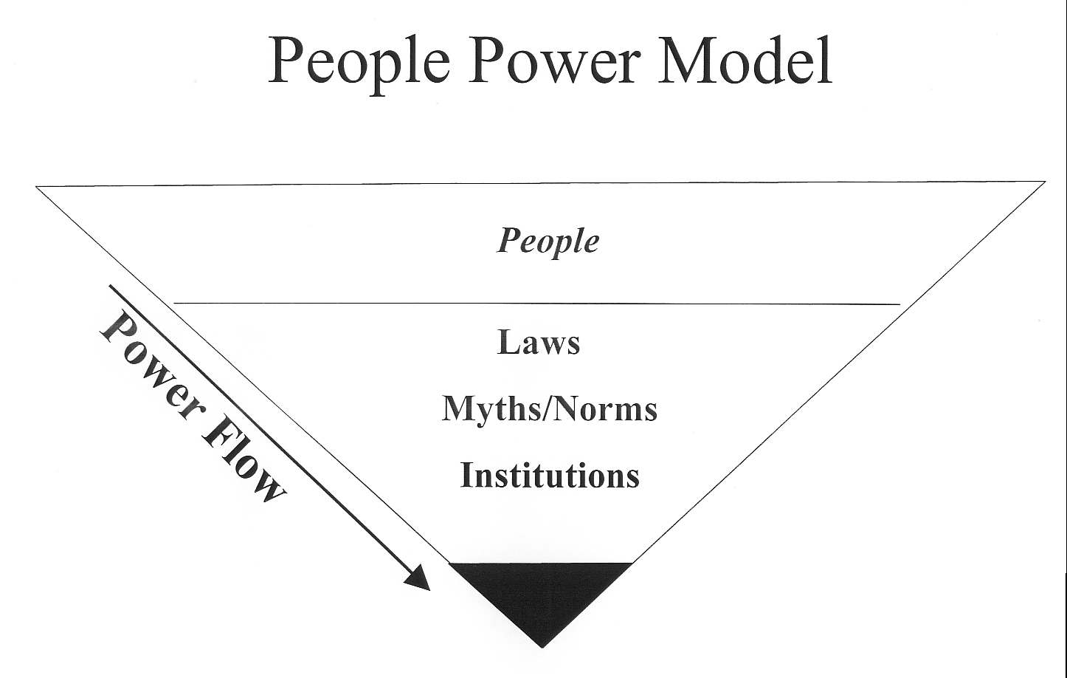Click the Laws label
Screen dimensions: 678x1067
539,343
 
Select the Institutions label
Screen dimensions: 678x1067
550,475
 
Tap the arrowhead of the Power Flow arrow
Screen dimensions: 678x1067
419,579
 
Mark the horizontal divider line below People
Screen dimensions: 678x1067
536,303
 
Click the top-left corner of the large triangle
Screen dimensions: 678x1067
37,188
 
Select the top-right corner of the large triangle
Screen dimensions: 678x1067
1044,182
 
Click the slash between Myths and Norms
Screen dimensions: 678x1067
547,409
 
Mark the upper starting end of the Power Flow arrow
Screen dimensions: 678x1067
111,286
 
